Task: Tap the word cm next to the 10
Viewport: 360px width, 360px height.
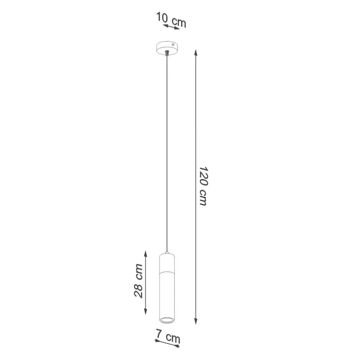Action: click(x=178, y=22)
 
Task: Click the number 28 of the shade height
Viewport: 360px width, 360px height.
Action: click(x=139, y=291)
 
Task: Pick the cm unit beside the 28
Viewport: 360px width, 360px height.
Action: click(x=139, y=271)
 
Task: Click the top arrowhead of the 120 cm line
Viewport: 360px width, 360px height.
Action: click(x=196, y=52)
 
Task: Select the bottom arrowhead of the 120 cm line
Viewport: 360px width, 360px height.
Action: click(x=196, y=321)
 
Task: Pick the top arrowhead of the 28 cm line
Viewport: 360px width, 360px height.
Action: click(x=146, y=253)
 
